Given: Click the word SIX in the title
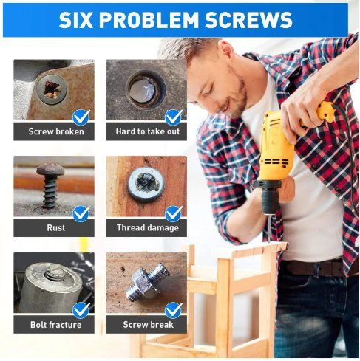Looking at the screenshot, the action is tap(75, 20).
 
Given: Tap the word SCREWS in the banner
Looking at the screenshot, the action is tap(248, 20).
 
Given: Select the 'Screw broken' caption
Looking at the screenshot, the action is tap(56, 131).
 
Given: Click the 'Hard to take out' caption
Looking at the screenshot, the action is tap(148, 131).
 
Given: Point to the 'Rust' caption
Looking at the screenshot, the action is tap(56, 227).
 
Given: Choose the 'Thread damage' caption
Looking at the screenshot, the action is tap(148, 227).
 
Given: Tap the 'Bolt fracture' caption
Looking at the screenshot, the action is tap(56, 325).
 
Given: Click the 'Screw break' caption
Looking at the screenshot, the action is tap(148, 325).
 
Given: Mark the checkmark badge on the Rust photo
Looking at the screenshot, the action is tap(81, 214).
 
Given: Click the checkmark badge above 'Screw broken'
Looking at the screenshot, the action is tap(81, 117).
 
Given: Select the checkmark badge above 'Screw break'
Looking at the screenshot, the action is tap(174, 311).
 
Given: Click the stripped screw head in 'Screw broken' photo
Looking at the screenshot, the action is tap(51, 89).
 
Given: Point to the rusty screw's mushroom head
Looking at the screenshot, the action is tap(51, 169).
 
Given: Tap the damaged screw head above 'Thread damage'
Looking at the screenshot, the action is tap(146, 183).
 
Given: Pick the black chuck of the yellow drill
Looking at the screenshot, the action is tap(269, 201).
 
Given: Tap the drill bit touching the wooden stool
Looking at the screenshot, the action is tap(269, 228).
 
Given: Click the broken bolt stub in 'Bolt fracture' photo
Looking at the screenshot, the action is tap(55, 272).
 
